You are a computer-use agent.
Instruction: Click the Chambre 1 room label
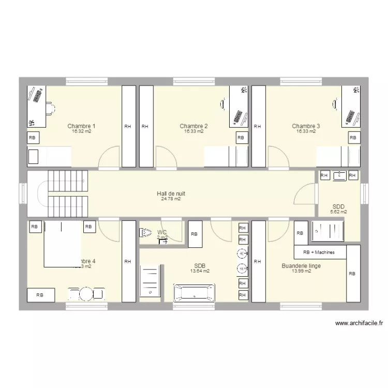[81, 126]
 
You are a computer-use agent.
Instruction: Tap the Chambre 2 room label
[193, 126]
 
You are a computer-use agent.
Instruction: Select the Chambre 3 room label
[306, 126]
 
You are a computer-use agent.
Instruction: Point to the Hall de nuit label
[171, 193]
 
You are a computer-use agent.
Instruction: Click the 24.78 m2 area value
[171, 199]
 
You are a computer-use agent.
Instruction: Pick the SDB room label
[200, 265]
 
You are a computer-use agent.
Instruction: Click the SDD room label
[338, 206]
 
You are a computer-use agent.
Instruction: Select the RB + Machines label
[319, 252]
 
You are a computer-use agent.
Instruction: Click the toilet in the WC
[145, 233]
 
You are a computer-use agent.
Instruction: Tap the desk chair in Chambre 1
[50, 108]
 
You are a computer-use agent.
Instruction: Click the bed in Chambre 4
[63, 244]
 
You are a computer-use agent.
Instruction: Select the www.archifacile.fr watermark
[359, 323]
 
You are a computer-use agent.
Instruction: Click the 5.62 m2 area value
[338, 212]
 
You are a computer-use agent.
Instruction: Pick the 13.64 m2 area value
[200, 271]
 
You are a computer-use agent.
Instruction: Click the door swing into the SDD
[305, 196]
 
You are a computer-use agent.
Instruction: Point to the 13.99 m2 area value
[301, 271]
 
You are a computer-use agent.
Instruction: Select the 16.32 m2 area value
[81, 131]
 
